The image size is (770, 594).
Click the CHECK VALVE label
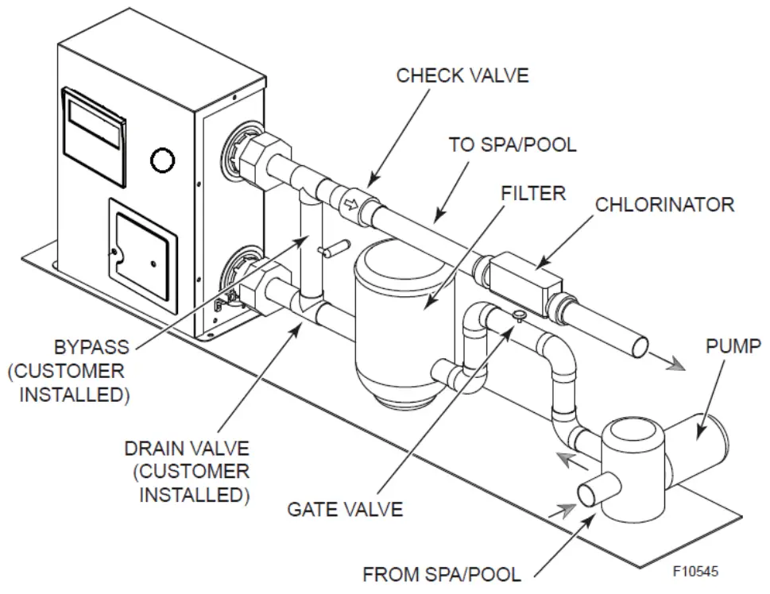[462, 75]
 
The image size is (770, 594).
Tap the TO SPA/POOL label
[513, 145]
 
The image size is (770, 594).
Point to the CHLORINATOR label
[664, 204]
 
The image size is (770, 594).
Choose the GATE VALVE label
[345, 509]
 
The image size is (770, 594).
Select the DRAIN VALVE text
[187, 449]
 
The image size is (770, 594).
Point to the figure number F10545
[698, 571]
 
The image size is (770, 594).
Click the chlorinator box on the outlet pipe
[524, 280]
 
